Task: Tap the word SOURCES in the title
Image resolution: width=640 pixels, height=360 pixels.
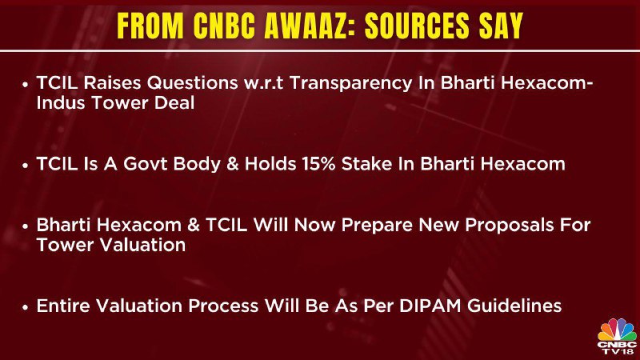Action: point(417,26)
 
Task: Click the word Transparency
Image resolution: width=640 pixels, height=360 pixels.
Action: point(351,84)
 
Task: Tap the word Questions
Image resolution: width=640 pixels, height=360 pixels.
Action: point(192,83)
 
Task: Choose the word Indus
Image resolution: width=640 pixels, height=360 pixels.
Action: point(61,103)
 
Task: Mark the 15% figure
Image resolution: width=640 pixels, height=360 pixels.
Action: point(318,164)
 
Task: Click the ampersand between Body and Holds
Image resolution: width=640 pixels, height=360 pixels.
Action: point(233,164)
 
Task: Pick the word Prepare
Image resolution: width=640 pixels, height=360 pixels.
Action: point(377,226)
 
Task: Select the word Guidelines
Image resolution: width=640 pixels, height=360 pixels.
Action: point(514,306)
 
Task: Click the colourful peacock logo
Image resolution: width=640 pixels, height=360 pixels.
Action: point(616,330)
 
